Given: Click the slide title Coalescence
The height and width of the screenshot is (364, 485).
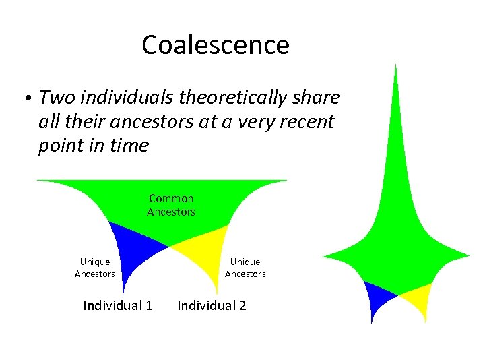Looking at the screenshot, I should pyautogui.click(x=216, y=45).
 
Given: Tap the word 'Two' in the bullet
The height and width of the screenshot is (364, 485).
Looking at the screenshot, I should pyautogui.click(x=57, y=98).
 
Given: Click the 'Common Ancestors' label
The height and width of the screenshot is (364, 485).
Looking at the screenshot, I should pyautogui.click(x=171, y=205).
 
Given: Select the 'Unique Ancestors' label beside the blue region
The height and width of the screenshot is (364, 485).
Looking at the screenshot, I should pyautogui.click(x=95, y=268).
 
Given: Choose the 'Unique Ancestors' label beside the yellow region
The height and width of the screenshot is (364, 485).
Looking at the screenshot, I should pyautogui.click(x=245, y=268).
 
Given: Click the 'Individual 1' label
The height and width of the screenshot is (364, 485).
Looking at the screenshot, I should pyautogui.click(x=117, y=305).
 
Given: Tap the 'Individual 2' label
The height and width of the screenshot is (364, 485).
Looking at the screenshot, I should pyautogui.click(x=212, y=305).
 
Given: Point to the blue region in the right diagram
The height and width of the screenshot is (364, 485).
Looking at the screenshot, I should pyautogui.click(x=378, y=297).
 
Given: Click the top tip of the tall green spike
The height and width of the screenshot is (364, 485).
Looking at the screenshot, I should pyautogui.click(x=395, y=65).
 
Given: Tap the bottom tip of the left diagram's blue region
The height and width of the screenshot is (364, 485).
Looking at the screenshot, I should pyautogui.click(x=124, y=291).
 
